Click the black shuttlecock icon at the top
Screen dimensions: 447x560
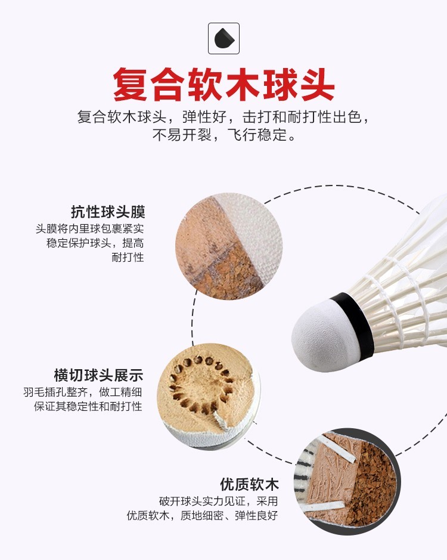(x=224, y=38)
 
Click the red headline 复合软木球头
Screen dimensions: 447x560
(x=224, y=85)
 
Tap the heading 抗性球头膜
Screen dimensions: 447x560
(x=108, y=212)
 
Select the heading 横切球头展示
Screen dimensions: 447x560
(x=98, y=375)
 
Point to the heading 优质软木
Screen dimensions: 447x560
(x=249, y=485)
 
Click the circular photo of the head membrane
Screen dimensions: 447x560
(x=229, y=246)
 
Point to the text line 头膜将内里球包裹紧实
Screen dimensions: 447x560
(x=89, y=229)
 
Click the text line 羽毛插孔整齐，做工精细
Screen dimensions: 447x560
(x=83, y=392)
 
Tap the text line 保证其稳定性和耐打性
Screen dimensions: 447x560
(x=88, y=406)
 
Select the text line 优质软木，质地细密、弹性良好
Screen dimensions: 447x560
(x=202, y=516)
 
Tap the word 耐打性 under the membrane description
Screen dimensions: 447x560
(x=128, y=258)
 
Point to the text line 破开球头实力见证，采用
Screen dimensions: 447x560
(x=219, y=502)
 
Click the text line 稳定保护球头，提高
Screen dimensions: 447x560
(x=95, y=243)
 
